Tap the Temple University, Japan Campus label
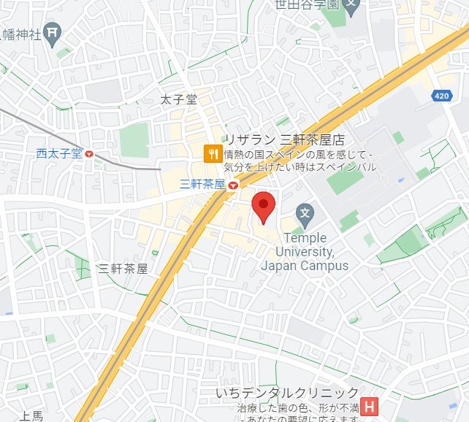pyautogui.click(x=305, y=251)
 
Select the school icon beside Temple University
pyautogui.click(x=305, y=214)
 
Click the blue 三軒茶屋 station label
pyautogui.click(x=201, y=185)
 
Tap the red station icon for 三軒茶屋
pyautogui.click(x=232, y=185)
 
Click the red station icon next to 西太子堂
pyautogui.click(x=89, y=154)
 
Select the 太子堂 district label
pyautogui.click(x=179, y=100)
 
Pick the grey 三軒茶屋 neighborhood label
pyautogui.click(x=123, y=269)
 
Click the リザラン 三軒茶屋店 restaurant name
pyautogui.click(x=283, y=139)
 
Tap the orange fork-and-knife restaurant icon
pyautogui.click(x=213, y=153)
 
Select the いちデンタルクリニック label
pyautogui.click(x=287, y=393)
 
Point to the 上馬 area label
pyautogui.click(x=31, y=416)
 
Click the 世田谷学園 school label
pyautogui.click(x=306, y=4)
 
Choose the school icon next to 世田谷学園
pyautogui.click(x=352, y=4)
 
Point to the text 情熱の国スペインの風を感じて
pyautogui.click(x=298, y=155)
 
